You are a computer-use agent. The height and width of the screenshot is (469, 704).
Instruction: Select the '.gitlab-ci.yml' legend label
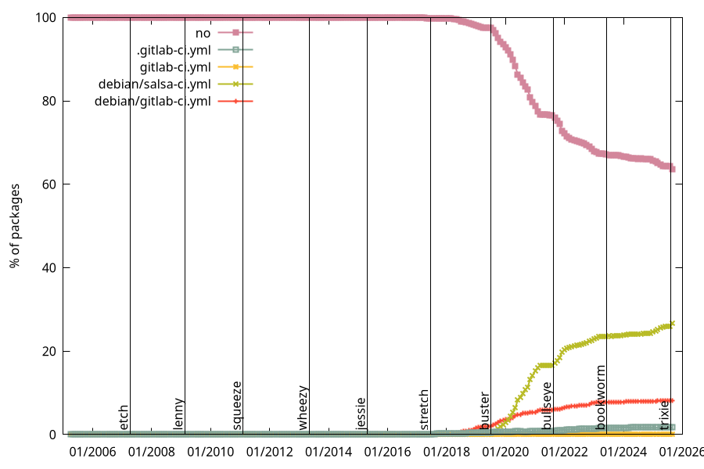tap(174, 49)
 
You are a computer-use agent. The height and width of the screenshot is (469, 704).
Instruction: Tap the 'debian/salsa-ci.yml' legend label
tap(154, 84)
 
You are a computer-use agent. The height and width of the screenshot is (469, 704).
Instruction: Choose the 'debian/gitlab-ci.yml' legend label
tap(153, 101)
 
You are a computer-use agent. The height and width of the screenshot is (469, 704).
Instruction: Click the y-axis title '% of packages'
tap(15, 226)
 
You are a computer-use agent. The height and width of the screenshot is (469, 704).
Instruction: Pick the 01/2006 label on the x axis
tap(92, 452)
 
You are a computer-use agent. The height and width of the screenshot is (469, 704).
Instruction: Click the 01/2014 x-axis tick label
tap(329, 452)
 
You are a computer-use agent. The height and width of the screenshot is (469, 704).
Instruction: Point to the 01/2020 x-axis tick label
tap(505, 452)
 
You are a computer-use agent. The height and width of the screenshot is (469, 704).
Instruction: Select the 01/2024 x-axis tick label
tap(623, 452)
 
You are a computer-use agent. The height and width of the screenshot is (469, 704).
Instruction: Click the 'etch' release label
tap(124, 417)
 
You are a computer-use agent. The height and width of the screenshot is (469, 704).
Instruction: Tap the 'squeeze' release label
tap(237, 405)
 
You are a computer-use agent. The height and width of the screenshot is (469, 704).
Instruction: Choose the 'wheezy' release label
tap(304, 407)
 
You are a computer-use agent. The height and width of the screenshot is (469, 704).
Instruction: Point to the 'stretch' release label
tap(424, 410)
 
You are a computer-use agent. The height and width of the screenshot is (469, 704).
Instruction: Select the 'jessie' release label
tap(361, 413)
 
